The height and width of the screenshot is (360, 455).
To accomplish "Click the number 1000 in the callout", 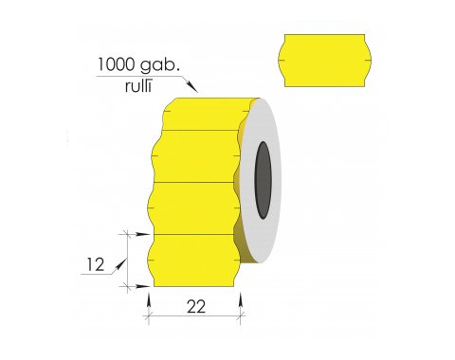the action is click(116, 64).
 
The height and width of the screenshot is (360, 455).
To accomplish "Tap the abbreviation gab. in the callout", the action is click(159, 65).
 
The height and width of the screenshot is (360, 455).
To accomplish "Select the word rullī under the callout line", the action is click(138, 85).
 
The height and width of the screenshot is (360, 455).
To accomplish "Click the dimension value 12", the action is click(96, 264).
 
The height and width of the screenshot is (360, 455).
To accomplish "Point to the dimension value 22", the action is click(196, 306).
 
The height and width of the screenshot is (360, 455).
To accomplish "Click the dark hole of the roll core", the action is click(264, 180).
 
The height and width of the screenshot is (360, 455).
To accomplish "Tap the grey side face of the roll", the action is click(261, 180).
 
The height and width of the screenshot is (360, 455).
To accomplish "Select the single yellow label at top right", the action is click(325, 61).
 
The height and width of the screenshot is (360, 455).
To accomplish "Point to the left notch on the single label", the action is click(282, 60).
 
